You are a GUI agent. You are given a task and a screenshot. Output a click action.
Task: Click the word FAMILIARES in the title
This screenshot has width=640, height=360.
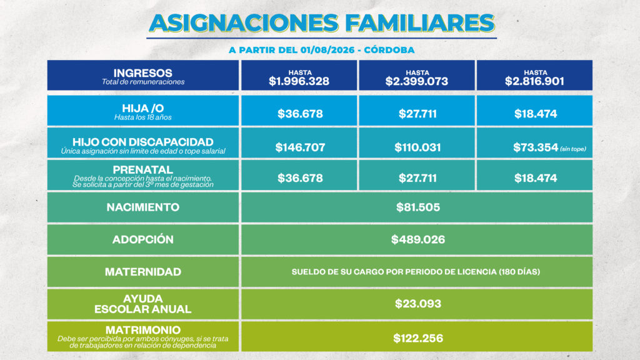click(x=420, y=23)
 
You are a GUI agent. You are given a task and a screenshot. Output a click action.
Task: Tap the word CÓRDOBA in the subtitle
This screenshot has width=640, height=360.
click(x=389, y=50)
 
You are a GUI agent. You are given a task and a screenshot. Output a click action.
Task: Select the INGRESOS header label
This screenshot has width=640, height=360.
click(x=143, y=73)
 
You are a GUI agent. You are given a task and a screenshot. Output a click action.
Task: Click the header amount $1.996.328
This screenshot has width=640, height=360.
click(x=299, y=81)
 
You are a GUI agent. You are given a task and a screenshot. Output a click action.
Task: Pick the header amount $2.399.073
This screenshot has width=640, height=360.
click(x=417, y=81)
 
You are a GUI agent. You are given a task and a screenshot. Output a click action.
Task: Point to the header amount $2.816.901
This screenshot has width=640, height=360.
click(x=535, y=81)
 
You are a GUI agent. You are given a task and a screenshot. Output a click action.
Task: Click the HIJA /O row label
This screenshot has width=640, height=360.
click(x=143, y=108)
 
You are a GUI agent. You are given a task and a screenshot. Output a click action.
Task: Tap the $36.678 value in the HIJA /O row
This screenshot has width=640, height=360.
click(x=300, y=114)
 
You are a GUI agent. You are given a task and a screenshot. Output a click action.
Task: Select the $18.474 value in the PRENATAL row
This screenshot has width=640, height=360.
click(x=536, y=178)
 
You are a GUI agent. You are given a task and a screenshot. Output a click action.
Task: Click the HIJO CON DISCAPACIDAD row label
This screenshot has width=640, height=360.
click(x=143, y=142)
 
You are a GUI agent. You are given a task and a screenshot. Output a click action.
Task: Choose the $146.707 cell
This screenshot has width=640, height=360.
click(x=300, y=147)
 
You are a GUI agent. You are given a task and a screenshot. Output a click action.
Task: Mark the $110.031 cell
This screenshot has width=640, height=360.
click(x=417, y=147)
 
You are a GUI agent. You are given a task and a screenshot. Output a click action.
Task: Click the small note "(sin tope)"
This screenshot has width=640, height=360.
click(x=573, y=149)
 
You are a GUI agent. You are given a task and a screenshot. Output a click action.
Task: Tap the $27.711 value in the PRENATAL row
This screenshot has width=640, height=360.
click(x=417, y=178)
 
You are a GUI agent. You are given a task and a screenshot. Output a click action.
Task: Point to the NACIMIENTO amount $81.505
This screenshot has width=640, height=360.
click(x=418, y=207)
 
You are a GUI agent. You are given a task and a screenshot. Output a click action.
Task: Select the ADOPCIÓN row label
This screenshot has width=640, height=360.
click(x=143, y=239)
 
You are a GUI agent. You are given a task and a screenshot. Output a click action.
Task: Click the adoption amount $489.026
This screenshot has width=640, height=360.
click(x=418, y=239)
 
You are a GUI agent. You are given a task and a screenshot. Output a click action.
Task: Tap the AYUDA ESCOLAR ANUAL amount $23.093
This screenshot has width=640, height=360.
click(x=418, y=304)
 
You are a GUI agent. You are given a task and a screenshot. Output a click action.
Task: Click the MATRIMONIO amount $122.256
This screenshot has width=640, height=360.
click(x=418, y=338)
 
